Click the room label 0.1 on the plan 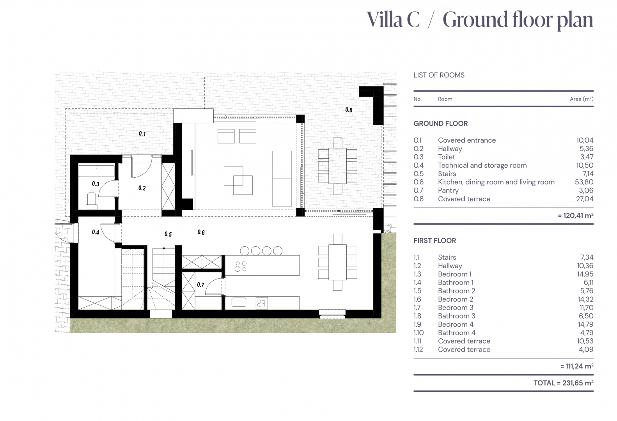coord(142,134)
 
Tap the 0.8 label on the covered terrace coord(349,110)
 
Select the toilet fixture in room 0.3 coord(91,201)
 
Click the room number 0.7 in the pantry coord(200,285)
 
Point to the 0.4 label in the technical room coord(96,232)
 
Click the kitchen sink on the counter coord(239,302)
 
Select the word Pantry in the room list coord(448,191)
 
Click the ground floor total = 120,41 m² coord(575,215)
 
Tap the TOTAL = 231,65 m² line coord(563,383)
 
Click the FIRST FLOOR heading coord(434,241)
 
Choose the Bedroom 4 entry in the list coord(456,324)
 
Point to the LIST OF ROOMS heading coord(439,75)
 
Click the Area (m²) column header coord(582,99)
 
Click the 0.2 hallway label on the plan coord(142,188)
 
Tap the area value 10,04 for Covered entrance coord(585,140)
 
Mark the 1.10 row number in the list coord(418,333)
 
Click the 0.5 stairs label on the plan coord(168,234)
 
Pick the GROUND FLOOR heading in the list coord(441,124)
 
